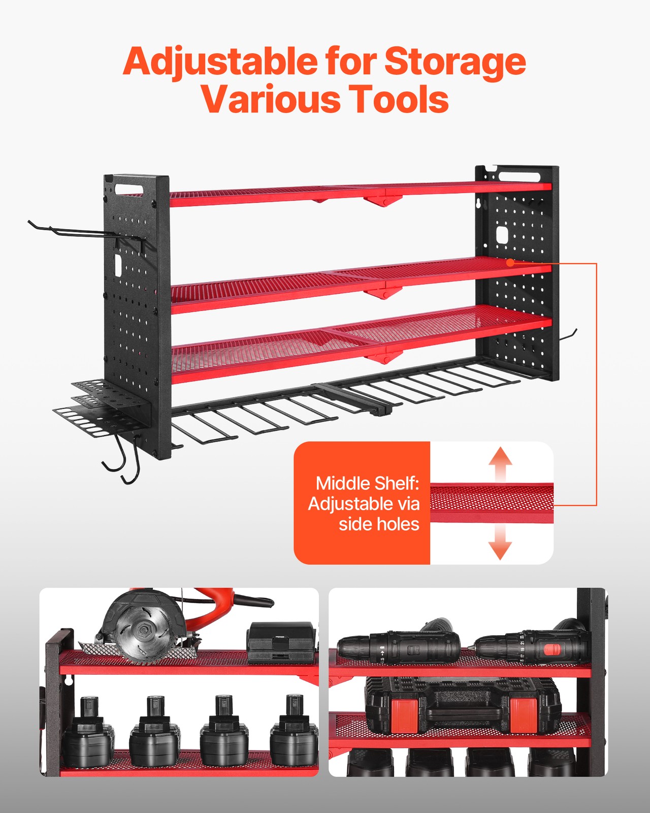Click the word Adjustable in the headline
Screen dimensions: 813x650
click(x=219, y=61)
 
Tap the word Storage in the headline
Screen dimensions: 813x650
click(x=454, y=61)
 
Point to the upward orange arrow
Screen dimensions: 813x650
click(x=500, y=463)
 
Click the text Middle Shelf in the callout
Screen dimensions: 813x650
click(x=367, y=483)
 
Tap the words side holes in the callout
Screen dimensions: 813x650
click(x=379, y=524)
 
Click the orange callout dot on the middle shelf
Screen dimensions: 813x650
click(x=510, y=262)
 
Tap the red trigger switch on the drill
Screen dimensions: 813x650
click(x=552, y=649)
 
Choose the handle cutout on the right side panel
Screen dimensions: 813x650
click(x=519, y=176)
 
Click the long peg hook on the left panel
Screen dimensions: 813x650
click(x=81, y=232)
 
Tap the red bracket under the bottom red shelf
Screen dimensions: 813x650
click(x=384, y=356)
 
